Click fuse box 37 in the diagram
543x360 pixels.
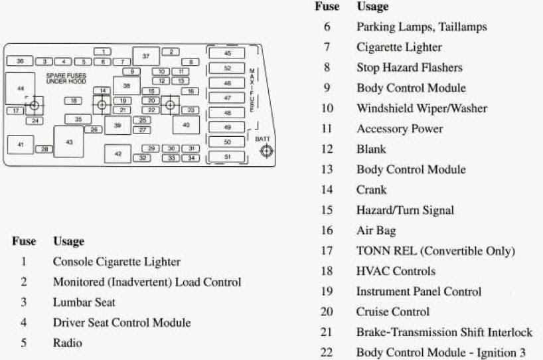pyautogui.click(x=146, y=56)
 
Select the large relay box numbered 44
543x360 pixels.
pyautogui.click(x=20, y=88)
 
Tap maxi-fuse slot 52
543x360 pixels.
pyautogui.click(x=227, y=68)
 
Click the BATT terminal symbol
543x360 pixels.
pyautogui.click(x=266, y=151)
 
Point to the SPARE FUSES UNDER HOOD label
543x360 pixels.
pyautogui.click(x=66, y=78)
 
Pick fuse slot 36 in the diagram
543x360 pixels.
pyautogui.click(x=20, y=61)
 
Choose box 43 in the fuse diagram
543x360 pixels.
pyautogui.click(x=69, y=141)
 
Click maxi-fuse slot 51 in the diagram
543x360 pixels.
pyautogui.click(x=227, y=157)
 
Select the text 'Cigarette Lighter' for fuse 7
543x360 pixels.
pyautogui.click(x=399, y=47)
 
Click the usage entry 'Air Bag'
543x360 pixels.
pyautogui.click(x=376, y=230)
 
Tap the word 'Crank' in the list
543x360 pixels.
pyautogui.click(x=371, y=189)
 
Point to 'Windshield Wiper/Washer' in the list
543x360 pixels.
pyautogui.click(x=422, y=108)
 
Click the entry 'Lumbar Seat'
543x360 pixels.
pyautogui.click(x=84, y=302)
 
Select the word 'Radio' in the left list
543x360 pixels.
pyautogui.click(x=68, y=343)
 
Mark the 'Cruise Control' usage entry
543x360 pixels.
pyautogui.click(x=393, y=312)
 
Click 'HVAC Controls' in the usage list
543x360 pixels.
pyautogui.click(x=396, y=271)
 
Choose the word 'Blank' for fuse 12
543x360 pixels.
pyautogui.click(x=371, y=149)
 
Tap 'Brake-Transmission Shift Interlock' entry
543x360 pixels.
pyautogui.click(x=444, y=332)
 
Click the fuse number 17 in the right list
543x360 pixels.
pyautogui.click(x=327, y=250)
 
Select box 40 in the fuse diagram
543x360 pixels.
pyautogui.click(x=186, y=125)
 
